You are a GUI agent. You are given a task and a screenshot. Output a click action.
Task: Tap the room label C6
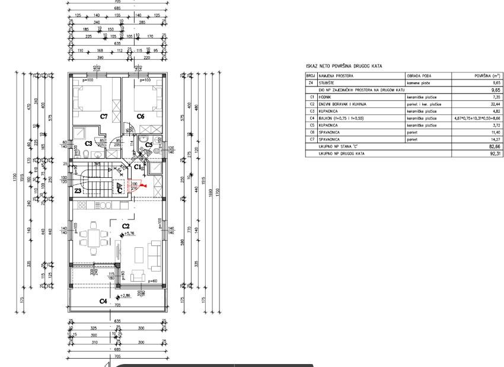141,117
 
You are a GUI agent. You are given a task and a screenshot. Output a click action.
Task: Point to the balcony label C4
103,301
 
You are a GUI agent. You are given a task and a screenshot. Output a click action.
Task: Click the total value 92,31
492,153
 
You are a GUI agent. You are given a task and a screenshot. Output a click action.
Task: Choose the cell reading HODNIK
325,97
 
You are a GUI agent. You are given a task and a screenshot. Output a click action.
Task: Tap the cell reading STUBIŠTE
326,84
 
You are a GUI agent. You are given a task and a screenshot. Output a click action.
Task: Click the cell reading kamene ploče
418,84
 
